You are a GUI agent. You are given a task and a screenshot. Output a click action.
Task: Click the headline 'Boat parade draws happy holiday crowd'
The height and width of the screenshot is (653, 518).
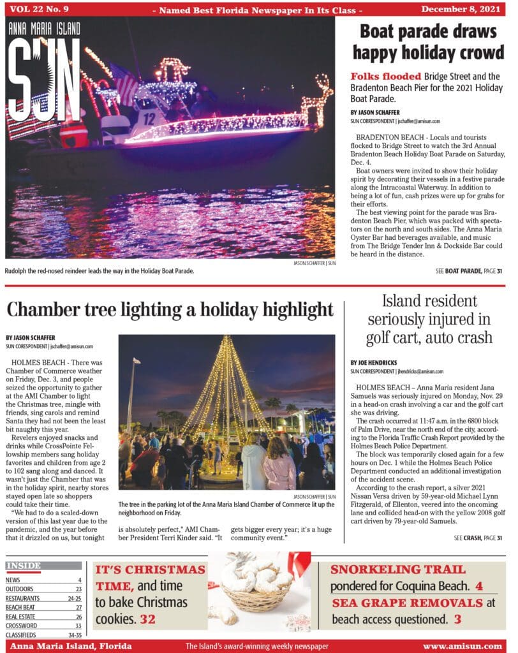pos(427,41)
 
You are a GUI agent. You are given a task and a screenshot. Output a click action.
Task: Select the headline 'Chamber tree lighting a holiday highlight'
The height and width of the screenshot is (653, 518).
pos(170,310)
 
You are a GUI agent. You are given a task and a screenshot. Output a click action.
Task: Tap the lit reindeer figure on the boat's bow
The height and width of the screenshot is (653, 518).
pos(318,99)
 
